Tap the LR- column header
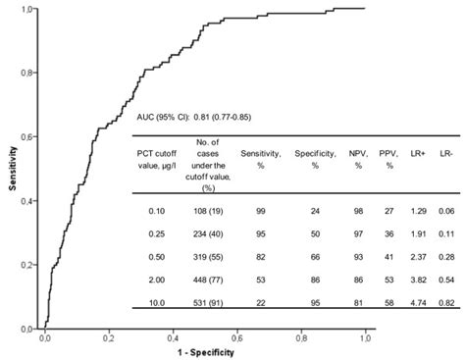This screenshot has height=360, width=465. [446, 153]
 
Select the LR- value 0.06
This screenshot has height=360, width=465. [446, 211]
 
